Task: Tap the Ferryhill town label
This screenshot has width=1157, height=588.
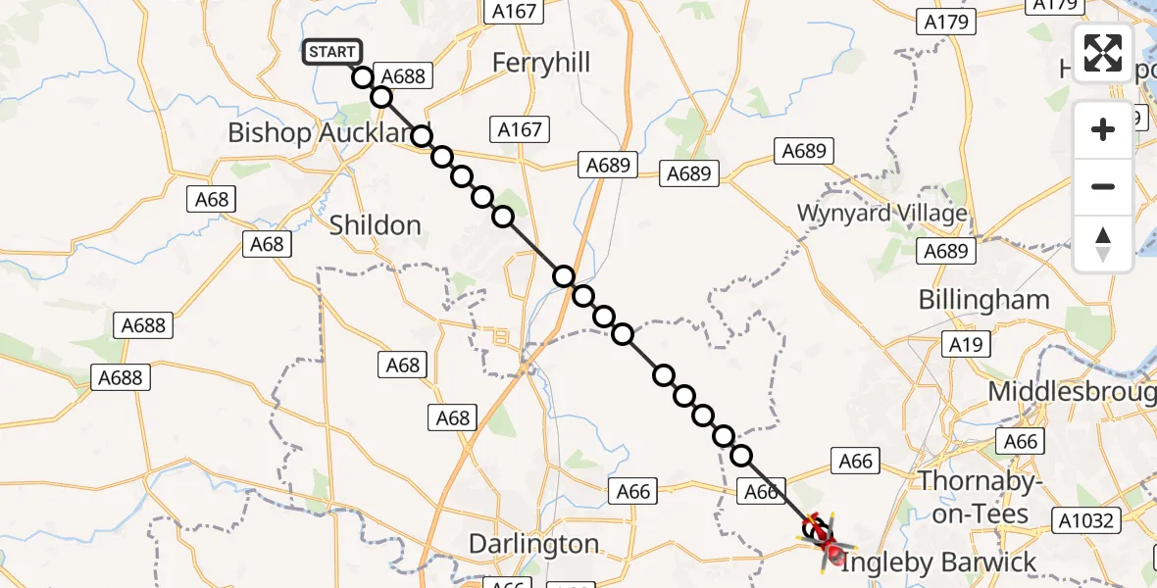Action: (541, 64)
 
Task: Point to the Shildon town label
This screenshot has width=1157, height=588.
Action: (375, 225)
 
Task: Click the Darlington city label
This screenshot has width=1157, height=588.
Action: (533, 544)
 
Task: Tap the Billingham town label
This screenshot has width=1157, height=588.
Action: (983, 300)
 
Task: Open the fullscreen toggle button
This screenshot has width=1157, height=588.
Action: (1103, 53)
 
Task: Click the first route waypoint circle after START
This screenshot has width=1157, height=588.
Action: (363, 77)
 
